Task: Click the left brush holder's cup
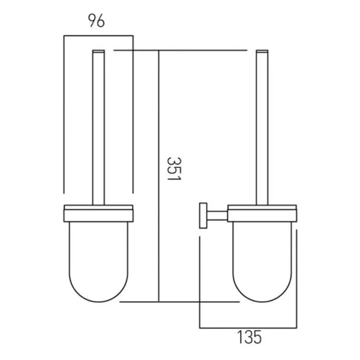pyautogui.click(x=98, y=252)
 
